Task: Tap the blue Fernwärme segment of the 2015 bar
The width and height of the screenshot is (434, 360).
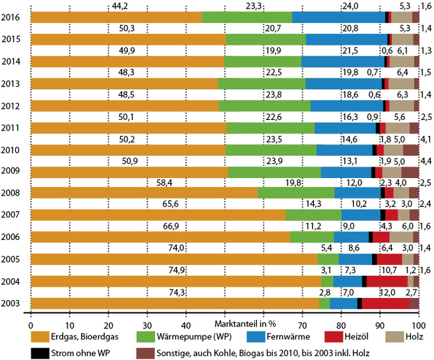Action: (x=347, y=40)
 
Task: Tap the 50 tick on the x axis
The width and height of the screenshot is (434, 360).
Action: (x=224, y=325)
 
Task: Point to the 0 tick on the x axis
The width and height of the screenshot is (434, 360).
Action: (x=31, y=325)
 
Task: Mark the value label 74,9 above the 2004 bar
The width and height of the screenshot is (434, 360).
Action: (x=175, y=270)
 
